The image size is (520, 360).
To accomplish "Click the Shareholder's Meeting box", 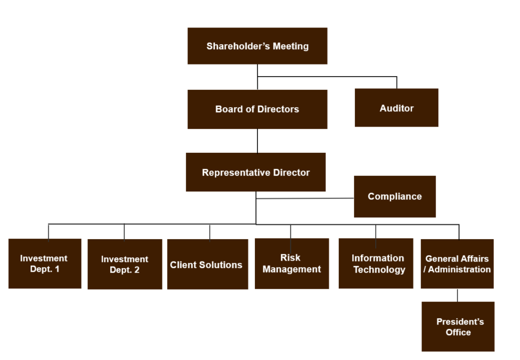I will coord(257,46).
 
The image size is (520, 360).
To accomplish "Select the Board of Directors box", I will coord(257,109).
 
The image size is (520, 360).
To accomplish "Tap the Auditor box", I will coord(397,108).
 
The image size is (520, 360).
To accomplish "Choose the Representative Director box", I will coord(255,172).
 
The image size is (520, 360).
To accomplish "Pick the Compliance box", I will coord(395,197).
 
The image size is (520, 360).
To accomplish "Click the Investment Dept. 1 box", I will coord(45,264).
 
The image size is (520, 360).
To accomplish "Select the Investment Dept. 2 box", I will coord(125,264).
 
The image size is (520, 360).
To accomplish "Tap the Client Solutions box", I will coord(207,265).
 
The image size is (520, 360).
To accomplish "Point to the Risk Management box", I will coord(292,264).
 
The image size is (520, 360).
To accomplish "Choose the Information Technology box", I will coord(376,264).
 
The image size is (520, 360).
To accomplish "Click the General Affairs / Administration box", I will coord(457,264).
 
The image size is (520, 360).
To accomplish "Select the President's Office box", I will coord(458,326).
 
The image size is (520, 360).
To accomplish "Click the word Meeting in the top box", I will coord(290,46).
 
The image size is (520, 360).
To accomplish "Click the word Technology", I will coord(379,270).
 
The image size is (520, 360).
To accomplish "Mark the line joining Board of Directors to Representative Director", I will coord(257,141).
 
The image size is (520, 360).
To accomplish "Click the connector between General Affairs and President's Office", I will coord(458,295).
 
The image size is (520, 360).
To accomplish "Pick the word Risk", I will coord(290,257).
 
